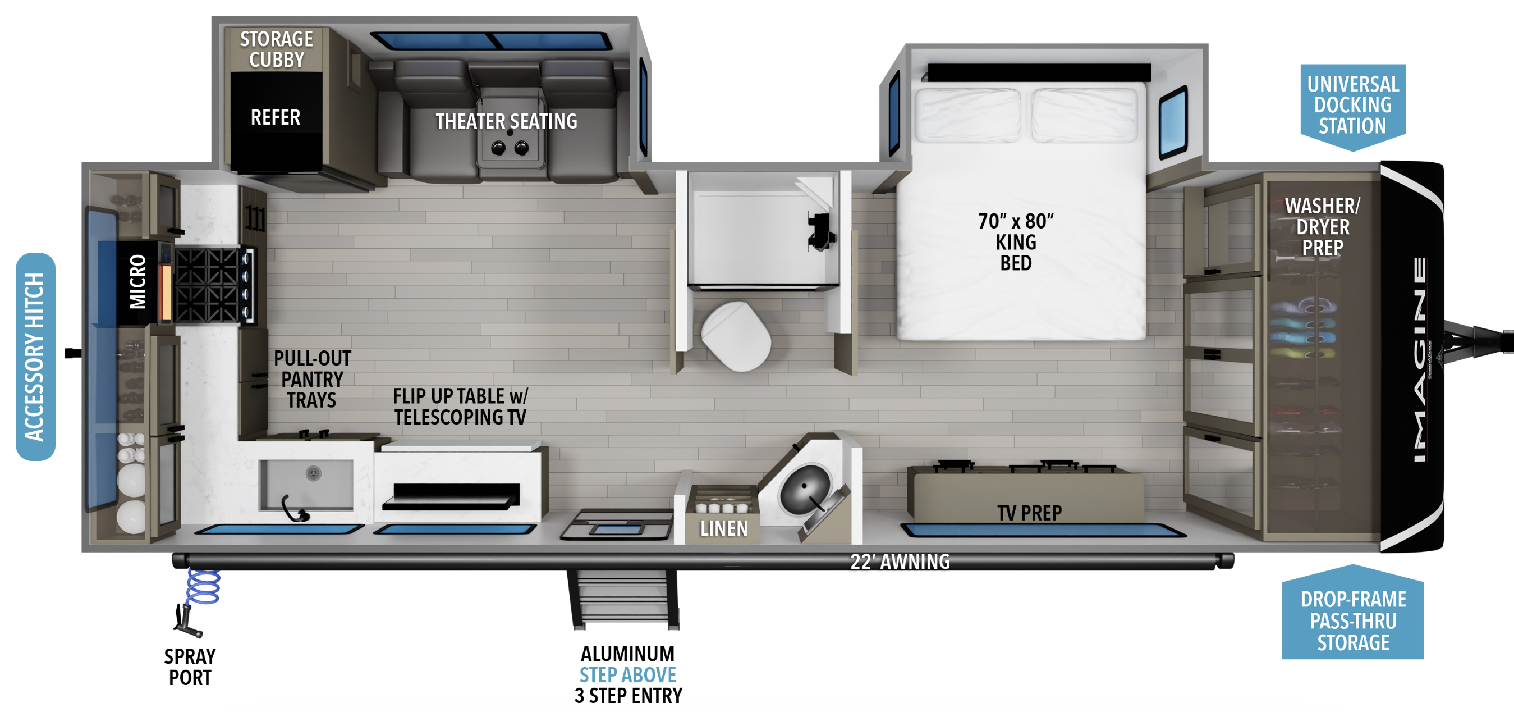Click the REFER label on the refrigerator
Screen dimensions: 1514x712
coord(275,117)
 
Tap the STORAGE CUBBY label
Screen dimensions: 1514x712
coord(276,49)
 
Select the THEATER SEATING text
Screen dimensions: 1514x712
coord(506,121)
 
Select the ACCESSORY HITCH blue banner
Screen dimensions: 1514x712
coord(35,357)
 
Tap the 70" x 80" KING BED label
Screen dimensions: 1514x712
coord(1016,241)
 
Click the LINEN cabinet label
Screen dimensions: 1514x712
coord(724,528)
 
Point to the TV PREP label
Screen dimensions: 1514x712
coord(1029,513)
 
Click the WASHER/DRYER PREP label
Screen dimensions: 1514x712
coord(1323,226)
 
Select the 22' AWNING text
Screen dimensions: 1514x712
coord(900,562)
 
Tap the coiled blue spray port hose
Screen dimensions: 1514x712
coord(203,587)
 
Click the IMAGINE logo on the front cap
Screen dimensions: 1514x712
coord(1419,359)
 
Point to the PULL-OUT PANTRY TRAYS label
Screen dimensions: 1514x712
coord(311,379)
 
